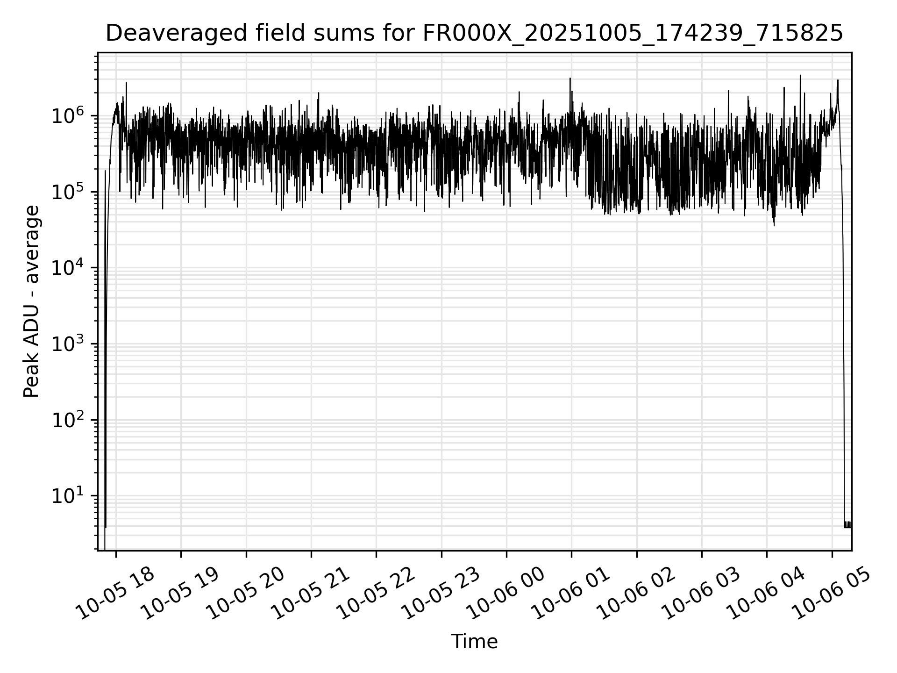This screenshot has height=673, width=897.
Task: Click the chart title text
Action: pos(474,34)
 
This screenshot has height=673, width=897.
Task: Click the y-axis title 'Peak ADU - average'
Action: pos(32,302)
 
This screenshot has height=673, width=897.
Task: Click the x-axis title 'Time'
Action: pos(474,642)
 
